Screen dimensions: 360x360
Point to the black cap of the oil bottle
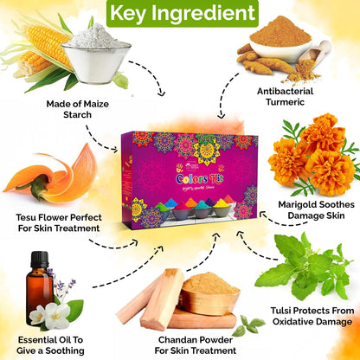click(39, 258)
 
